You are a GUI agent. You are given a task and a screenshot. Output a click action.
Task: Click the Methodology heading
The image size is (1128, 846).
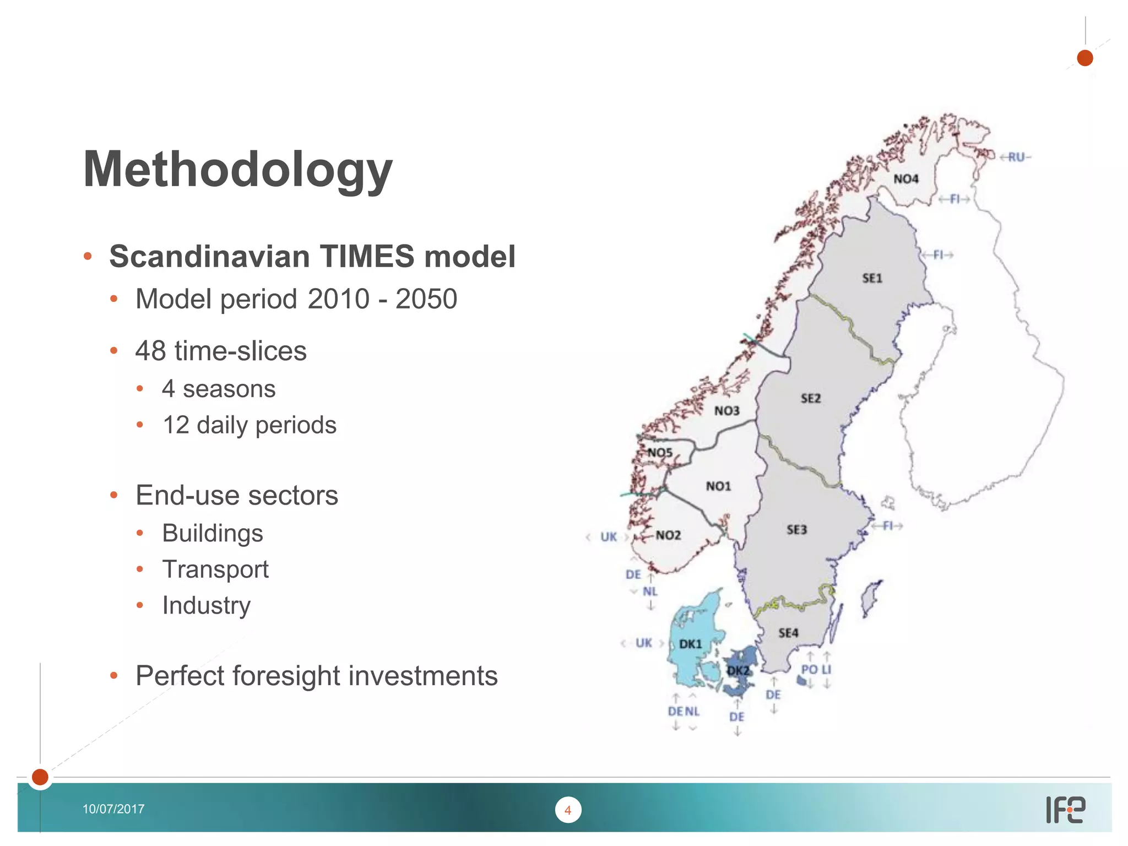[237, 170]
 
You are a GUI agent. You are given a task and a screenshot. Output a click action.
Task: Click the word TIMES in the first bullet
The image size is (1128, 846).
[366, 257]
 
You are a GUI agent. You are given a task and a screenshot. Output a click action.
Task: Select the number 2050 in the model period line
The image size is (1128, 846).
[426, 299]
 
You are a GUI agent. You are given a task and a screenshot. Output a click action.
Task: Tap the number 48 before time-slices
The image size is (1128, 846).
[150, 351]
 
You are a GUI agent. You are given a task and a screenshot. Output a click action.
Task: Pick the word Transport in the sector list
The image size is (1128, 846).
[215, 569]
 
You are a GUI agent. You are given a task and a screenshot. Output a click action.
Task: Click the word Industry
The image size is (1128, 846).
[206, 605]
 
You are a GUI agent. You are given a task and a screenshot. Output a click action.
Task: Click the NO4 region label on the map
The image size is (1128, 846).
[905, 179]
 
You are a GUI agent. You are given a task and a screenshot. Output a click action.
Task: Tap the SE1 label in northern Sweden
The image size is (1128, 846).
[872, 278]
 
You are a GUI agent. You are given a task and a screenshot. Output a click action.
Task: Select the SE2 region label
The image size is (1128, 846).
[810, 398]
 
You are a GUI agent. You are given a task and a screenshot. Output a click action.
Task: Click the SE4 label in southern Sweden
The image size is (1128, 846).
[788, 633]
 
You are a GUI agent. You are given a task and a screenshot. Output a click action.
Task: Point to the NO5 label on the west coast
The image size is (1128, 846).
[660, 452]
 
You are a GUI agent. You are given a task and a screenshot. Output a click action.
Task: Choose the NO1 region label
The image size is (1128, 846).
[718, 486]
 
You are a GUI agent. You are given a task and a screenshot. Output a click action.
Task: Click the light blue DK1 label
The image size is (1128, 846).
[690, 644]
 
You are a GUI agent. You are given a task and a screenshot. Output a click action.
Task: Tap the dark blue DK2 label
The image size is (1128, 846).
[738, 670]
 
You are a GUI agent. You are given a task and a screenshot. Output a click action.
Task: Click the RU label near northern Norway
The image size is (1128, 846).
[1016, 158]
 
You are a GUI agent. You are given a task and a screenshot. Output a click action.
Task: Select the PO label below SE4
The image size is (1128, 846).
[809, 669]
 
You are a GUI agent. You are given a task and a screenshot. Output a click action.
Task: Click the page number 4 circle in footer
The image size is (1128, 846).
[568, 810]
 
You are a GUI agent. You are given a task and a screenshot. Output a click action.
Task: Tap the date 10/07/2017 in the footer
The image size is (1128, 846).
[113, 809]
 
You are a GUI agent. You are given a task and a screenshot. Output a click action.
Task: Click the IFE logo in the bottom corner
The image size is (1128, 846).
[1065, 810]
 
